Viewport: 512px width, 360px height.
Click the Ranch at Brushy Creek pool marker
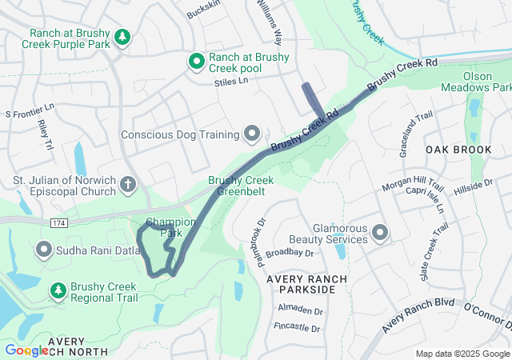click(x=196, y=61)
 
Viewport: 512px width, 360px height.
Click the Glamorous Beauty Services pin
click(x=380, y=233)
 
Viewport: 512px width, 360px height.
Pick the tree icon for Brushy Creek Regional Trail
click(x=58, y=290)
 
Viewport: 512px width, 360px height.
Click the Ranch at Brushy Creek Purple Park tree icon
click(x=122, y=38)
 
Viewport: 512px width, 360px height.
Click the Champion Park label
click(x=170, y=227)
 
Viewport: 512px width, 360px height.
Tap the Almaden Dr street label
click(x=300, y=310)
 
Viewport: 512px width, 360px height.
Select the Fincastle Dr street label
click(x=296, y=329)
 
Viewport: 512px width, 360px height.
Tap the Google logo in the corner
click(x=26, y=350)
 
